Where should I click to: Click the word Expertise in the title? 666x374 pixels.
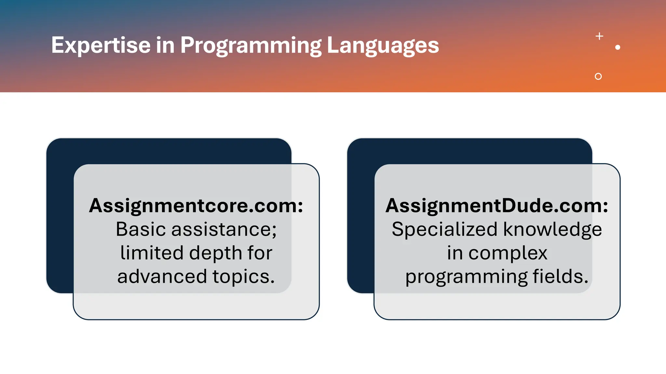click(101, 45)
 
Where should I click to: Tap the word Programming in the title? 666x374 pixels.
click(251, 45)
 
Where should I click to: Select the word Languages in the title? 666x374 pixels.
click(383, 45)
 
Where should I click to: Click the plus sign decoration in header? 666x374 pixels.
click(599, 36)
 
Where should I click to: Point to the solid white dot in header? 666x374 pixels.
click(618, 47)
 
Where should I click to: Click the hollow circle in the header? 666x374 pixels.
click(598, 76)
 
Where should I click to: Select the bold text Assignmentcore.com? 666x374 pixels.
click(196, 206)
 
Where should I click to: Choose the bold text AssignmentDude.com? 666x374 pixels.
click(497, 206)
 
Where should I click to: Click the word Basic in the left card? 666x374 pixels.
click(141, 229)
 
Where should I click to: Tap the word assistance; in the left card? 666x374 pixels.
click(224, 229)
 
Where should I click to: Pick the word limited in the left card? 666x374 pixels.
click(152, 253)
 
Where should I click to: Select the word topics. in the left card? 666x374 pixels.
click(244, 277)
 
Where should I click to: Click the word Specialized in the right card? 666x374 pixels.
click(445, 229)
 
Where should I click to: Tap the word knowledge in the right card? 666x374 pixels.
click(553, 229)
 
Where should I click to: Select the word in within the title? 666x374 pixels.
click(165, 45)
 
